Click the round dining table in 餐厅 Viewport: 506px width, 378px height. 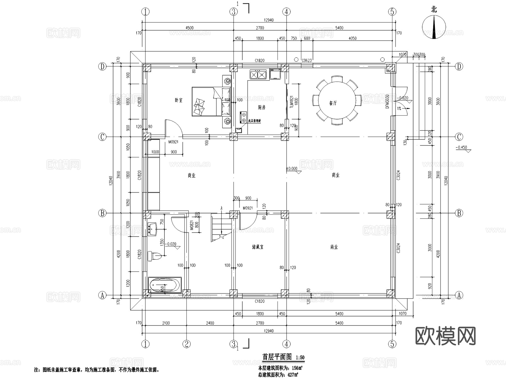coord(336,100)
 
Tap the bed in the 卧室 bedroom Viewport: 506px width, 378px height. coord(211,101)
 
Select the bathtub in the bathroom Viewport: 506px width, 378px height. coord(165,285)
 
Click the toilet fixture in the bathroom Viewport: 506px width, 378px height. coord(154,256)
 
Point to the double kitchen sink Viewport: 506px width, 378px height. coord(258,75)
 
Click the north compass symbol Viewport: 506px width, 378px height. coord(434,27)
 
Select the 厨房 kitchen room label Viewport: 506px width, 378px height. coord(261,107)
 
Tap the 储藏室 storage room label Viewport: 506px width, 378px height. coord(257,247)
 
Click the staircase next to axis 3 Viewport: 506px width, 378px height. coord(221,227)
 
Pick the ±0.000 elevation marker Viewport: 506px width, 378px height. coord(292,169)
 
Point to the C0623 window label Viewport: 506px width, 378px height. coord(306,60)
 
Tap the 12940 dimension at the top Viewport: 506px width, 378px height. coord(268,20)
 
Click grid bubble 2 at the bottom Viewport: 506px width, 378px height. coord(186,344)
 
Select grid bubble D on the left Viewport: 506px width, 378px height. coord(102,67)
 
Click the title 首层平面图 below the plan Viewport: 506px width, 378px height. coord(277,357)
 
